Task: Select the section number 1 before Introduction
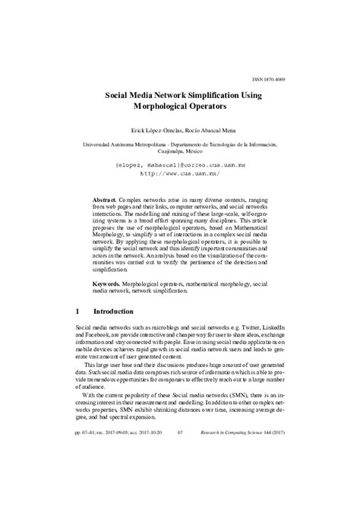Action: coord(78,311)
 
